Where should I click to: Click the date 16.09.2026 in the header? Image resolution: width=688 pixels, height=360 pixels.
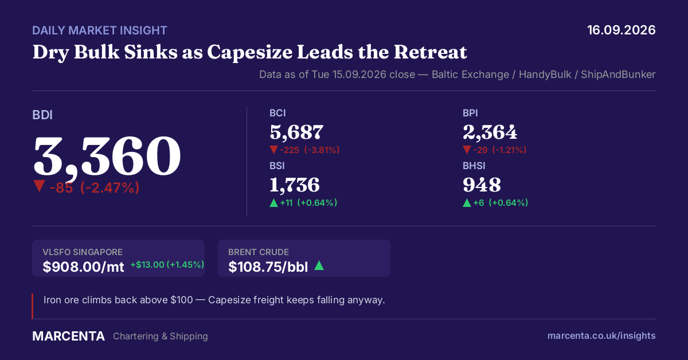(621, 30)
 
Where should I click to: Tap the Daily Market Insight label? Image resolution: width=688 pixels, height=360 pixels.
(100, 30)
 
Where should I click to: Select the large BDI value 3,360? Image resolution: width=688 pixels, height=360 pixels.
(107, 156)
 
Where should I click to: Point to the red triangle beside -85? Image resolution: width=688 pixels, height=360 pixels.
(40, 186)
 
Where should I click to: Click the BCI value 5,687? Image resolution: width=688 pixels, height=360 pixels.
(296, 132)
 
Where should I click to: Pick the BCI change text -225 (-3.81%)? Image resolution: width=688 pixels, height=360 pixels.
(310, 150)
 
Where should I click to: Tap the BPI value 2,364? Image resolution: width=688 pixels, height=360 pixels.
(490, 132)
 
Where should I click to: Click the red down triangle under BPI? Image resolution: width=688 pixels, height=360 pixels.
(467, 150)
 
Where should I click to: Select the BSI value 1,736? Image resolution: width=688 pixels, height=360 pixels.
(295, 185)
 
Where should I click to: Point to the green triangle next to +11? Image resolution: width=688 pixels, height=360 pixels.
(273, 203)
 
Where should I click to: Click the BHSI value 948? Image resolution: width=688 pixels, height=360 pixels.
(482, 185)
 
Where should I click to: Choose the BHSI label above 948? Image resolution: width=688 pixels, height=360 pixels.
(474, 166)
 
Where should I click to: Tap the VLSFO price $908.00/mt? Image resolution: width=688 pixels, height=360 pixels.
(83, 267)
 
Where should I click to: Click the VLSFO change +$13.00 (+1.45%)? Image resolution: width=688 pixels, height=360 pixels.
(167, 264)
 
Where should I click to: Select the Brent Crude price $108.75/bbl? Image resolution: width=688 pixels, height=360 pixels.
(268, 267)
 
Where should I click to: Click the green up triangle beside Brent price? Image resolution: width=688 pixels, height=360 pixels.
(319, 265)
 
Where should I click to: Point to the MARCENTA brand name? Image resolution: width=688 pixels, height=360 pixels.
(68, 336)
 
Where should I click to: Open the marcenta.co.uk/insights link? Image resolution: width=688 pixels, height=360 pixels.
(601, 336)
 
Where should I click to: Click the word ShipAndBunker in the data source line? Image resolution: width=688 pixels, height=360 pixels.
(618, 75)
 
